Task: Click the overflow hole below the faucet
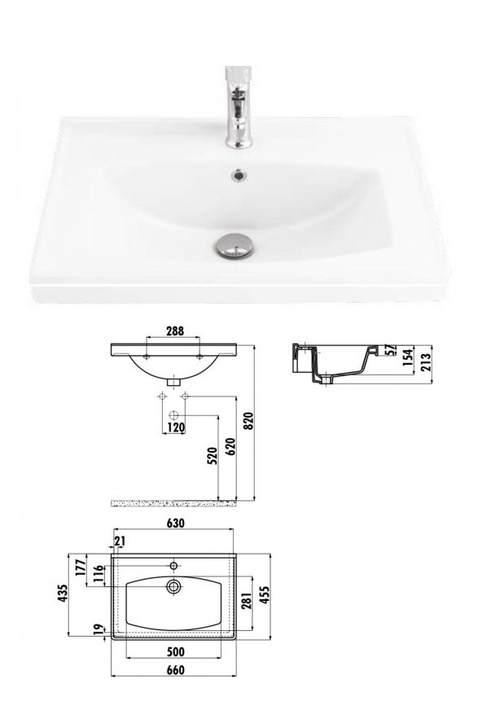coord(238,173)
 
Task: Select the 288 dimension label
coord(174,331)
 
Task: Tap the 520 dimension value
coord(212,456)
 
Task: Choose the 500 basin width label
coord(175,651)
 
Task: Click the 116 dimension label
coord(100,574)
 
